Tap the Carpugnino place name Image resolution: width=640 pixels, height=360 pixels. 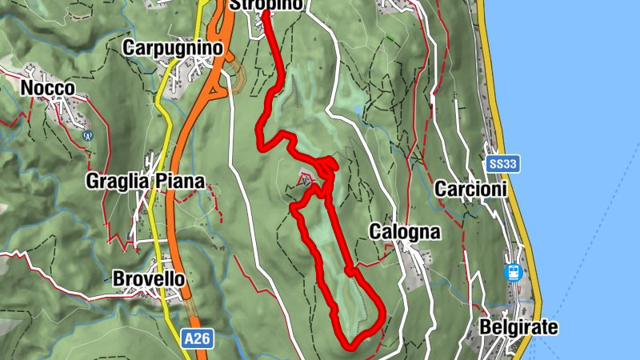pyautogui.click(x=171, y=48)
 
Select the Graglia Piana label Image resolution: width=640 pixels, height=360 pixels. pyautogui.click(x=145, y=181)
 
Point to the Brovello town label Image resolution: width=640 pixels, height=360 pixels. pyautogui.click(x=149, y=279)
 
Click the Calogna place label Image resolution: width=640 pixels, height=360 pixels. pyautogui.click(x=405, y=232)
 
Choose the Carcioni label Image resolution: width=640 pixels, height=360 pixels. pyautogui.click(x=470, y=189)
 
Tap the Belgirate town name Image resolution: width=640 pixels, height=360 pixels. pyautogui.click(x=518, y=327)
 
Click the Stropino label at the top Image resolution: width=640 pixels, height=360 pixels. pyautogui.click(x=266, y=5)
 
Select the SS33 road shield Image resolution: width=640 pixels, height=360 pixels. pyautogui.click(x=503, y=164)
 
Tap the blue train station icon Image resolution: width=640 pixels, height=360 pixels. pyautogui.click(x=513, y=272)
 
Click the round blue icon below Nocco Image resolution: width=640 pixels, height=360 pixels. pyautogui.click(x=88, y=136)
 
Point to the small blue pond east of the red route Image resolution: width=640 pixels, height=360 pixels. pyautogui.click(x=355, y=109)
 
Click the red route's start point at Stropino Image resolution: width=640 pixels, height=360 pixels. pyautogui.click(x=264, y=12)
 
